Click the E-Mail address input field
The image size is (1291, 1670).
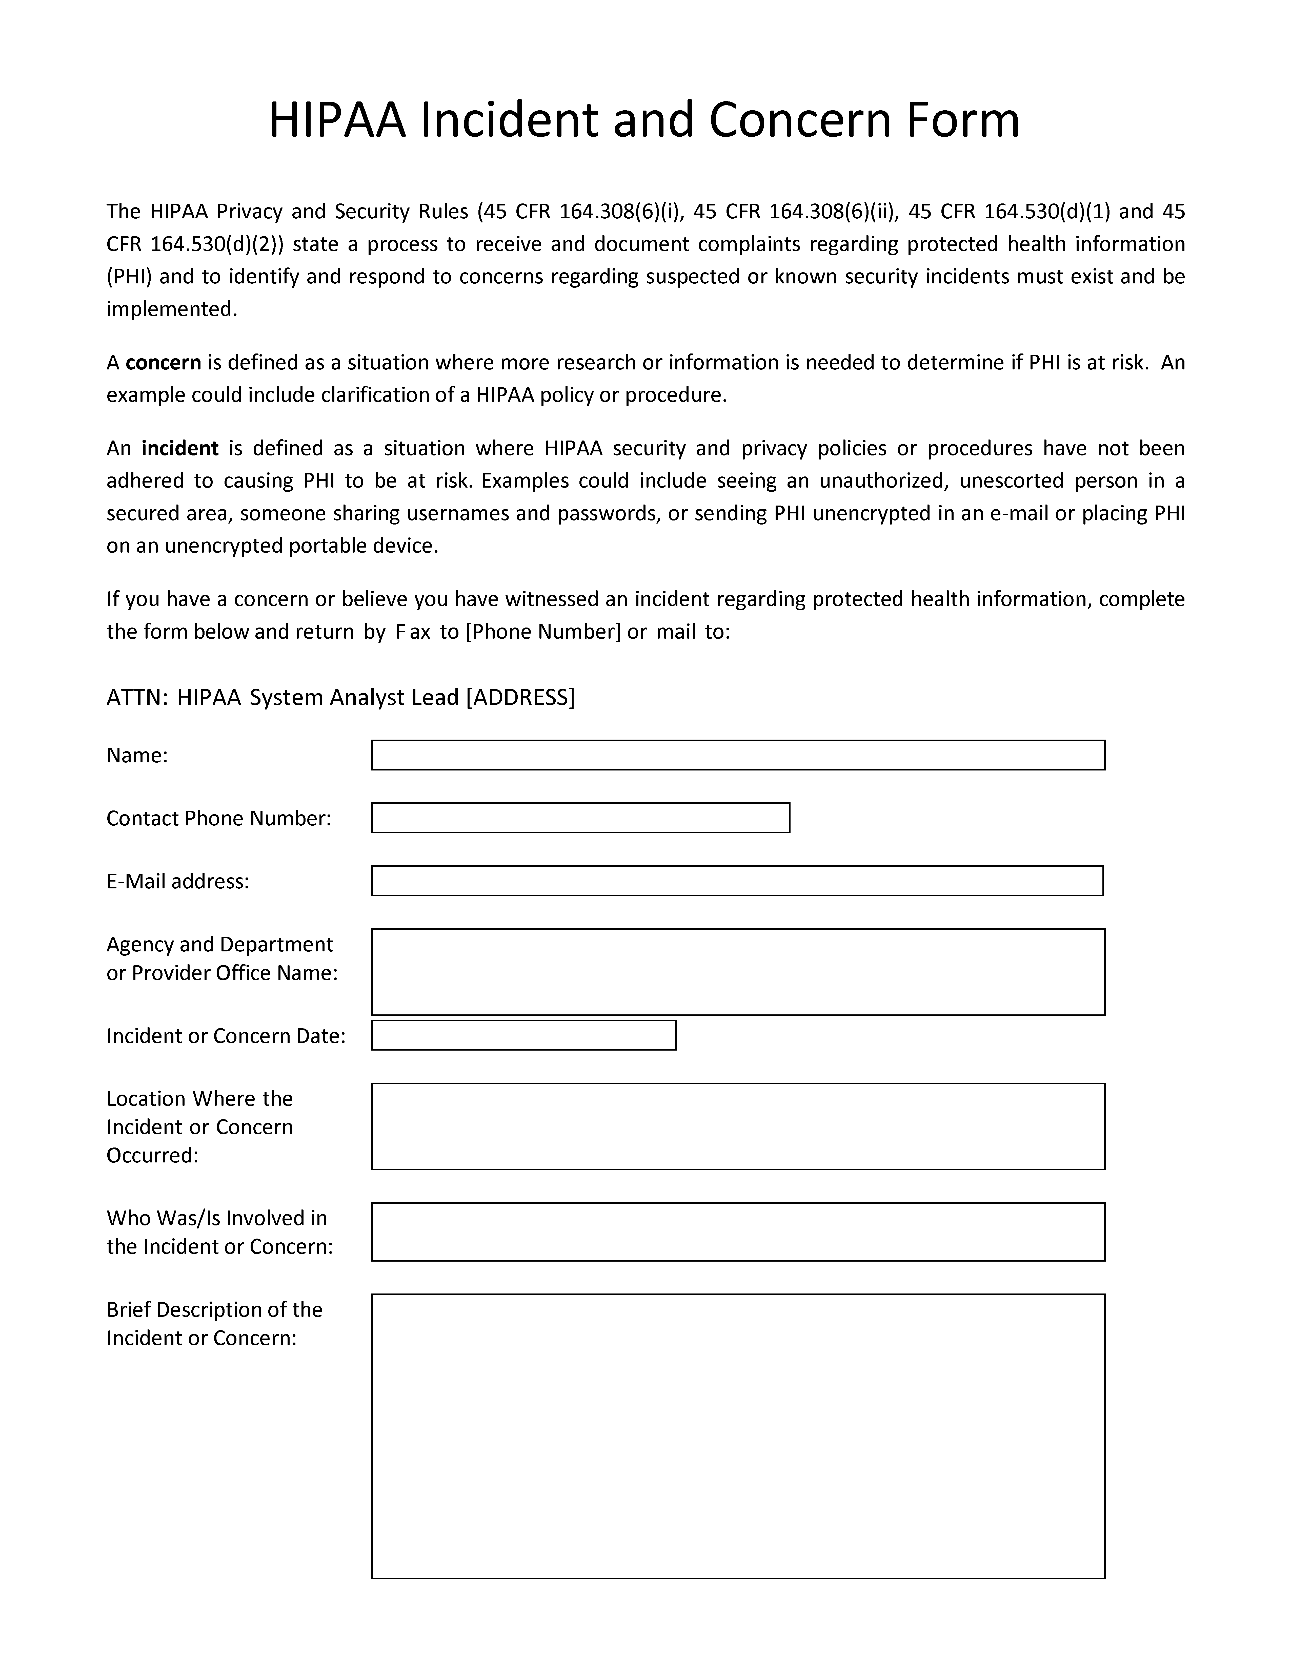click(737, 881)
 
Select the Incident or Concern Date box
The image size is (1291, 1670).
click(524, 1035)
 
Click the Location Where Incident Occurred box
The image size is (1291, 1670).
click(738, 1126)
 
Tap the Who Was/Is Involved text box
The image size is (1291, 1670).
click(738, 1232)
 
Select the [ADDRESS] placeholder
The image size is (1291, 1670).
click(520, 697)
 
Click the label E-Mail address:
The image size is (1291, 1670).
click(177, 882)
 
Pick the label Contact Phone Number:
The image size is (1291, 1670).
click(219, 818)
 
